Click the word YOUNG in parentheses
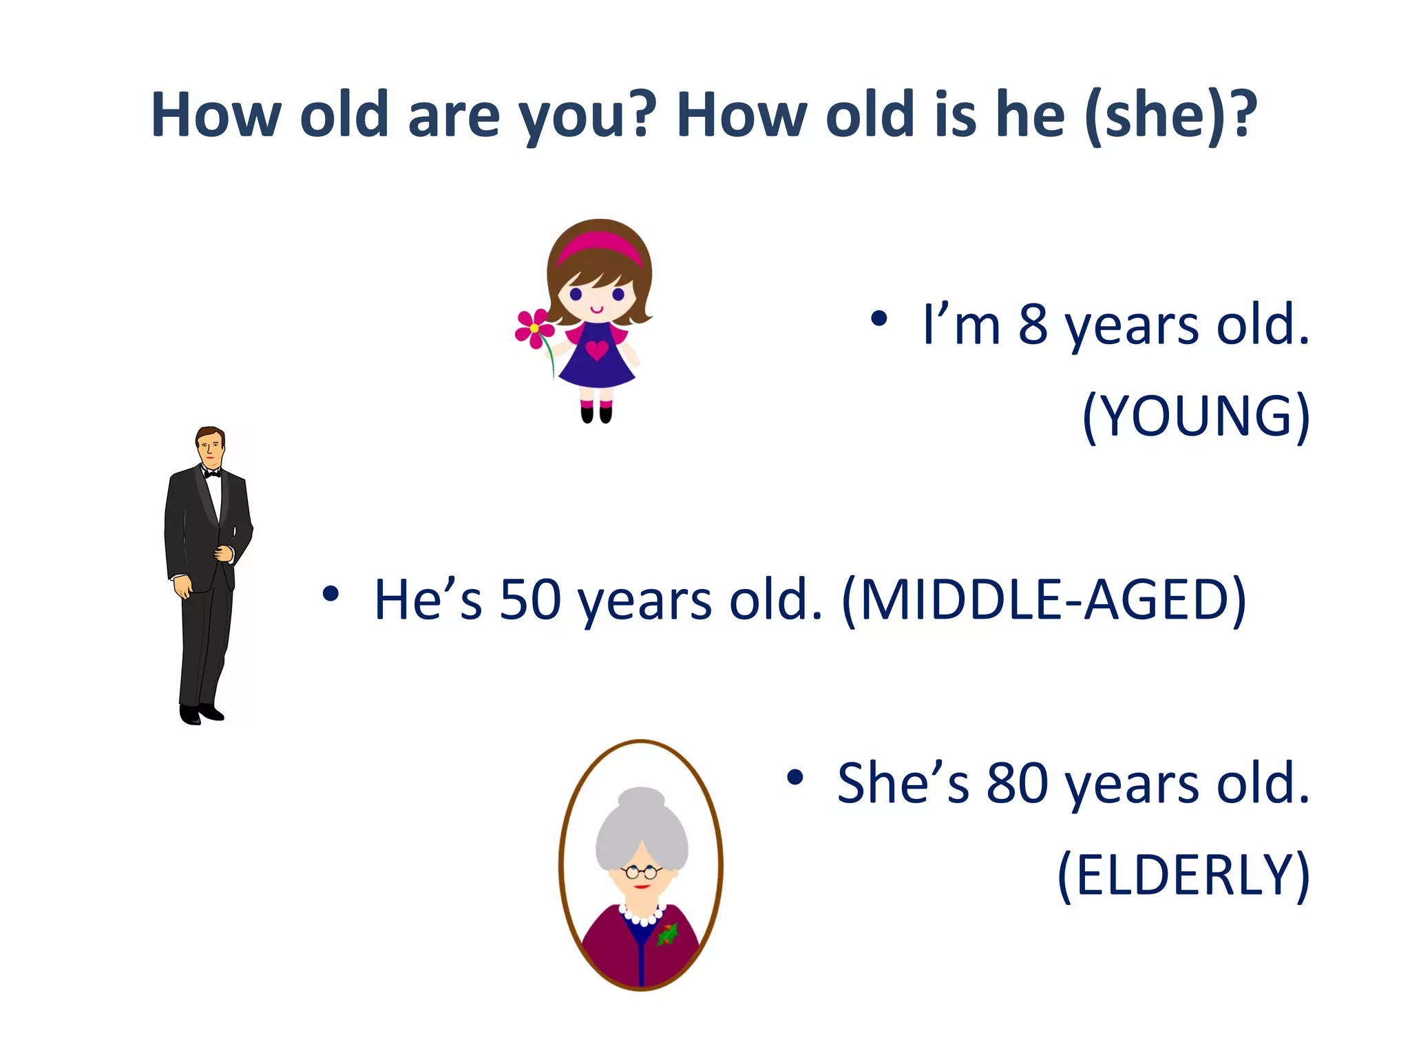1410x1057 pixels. click(1197, 416)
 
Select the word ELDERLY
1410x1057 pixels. click(1183, 875)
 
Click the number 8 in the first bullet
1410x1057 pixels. click(1033, 325)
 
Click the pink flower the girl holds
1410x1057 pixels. click(534, 328)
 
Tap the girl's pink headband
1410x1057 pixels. click(599, 244)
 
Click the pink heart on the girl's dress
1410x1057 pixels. click(596, 350)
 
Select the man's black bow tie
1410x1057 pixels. click(212, 473)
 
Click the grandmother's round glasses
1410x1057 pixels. click(642, 873)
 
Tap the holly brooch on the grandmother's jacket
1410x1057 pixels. click(666, 934)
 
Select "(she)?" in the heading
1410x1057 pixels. click(1170, 116)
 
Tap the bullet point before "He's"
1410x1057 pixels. click(331, 593)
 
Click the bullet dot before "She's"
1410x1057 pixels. click(795, 777)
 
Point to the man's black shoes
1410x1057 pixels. click(201, 714)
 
